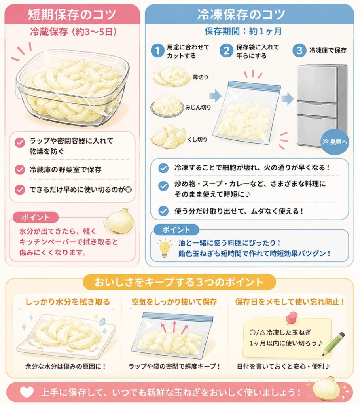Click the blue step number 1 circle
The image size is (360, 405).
(157, 50)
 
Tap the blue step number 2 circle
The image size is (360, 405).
(226, 50)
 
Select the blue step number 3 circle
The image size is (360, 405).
(299, 50)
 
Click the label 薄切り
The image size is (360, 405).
(200, 77)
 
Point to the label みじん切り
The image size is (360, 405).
(198, 107)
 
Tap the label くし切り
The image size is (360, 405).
(197, 140)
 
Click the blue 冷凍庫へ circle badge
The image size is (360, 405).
(335, 142)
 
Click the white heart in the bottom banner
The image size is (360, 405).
(27, 392)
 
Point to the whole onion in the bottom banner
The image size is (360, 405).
(327, 388)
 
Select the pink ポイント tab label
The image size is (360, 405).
(36, 217)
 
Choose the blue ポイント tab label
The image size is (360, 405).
(176, 230)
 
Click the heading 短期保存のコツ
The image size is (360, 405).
(72, 14)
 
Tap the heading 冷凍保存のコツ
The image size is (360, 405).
(241, 14)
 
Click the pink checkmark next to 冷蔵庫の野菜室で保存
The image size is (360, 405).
(20, 170)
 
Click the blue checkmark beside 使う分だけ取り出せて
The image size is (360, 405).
(163, 211)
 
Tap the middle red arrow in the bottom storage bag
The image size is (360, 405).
(174, 326)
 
